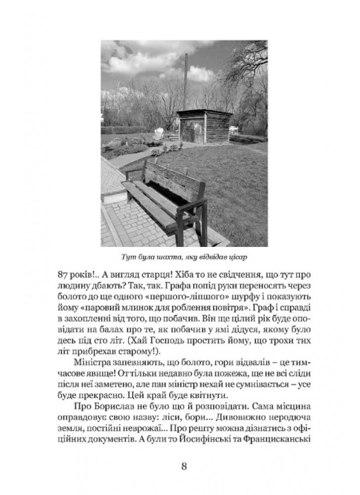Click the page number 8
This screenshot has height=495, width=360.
pyautogui.click(x=183, y=467)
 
